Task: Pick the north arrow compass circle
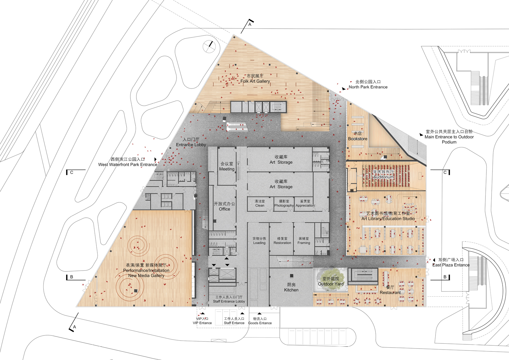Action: click(209, 46)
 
